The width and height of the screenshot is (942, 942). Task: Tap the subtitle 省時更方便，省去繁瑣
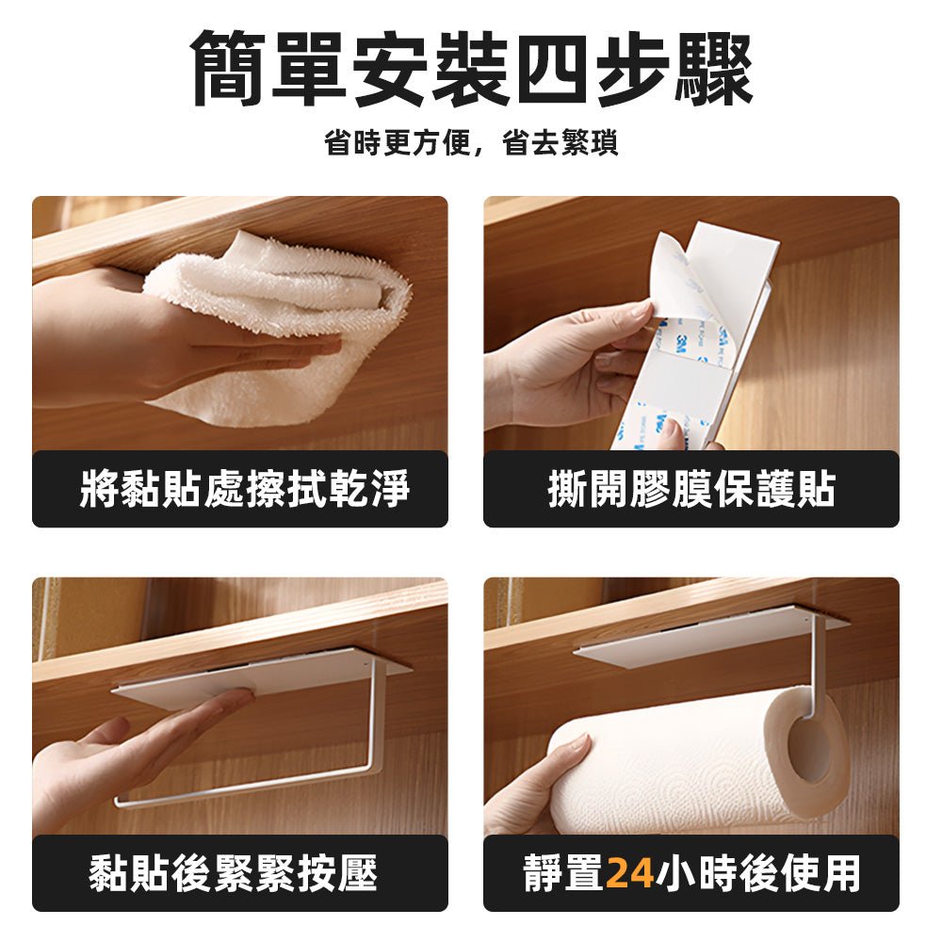point(471,144)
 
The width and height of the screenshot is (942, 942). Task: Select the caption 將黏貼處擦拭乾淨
point(240,490)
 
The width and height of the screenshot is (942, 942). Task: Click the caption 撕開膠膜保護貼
point(691,490)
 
